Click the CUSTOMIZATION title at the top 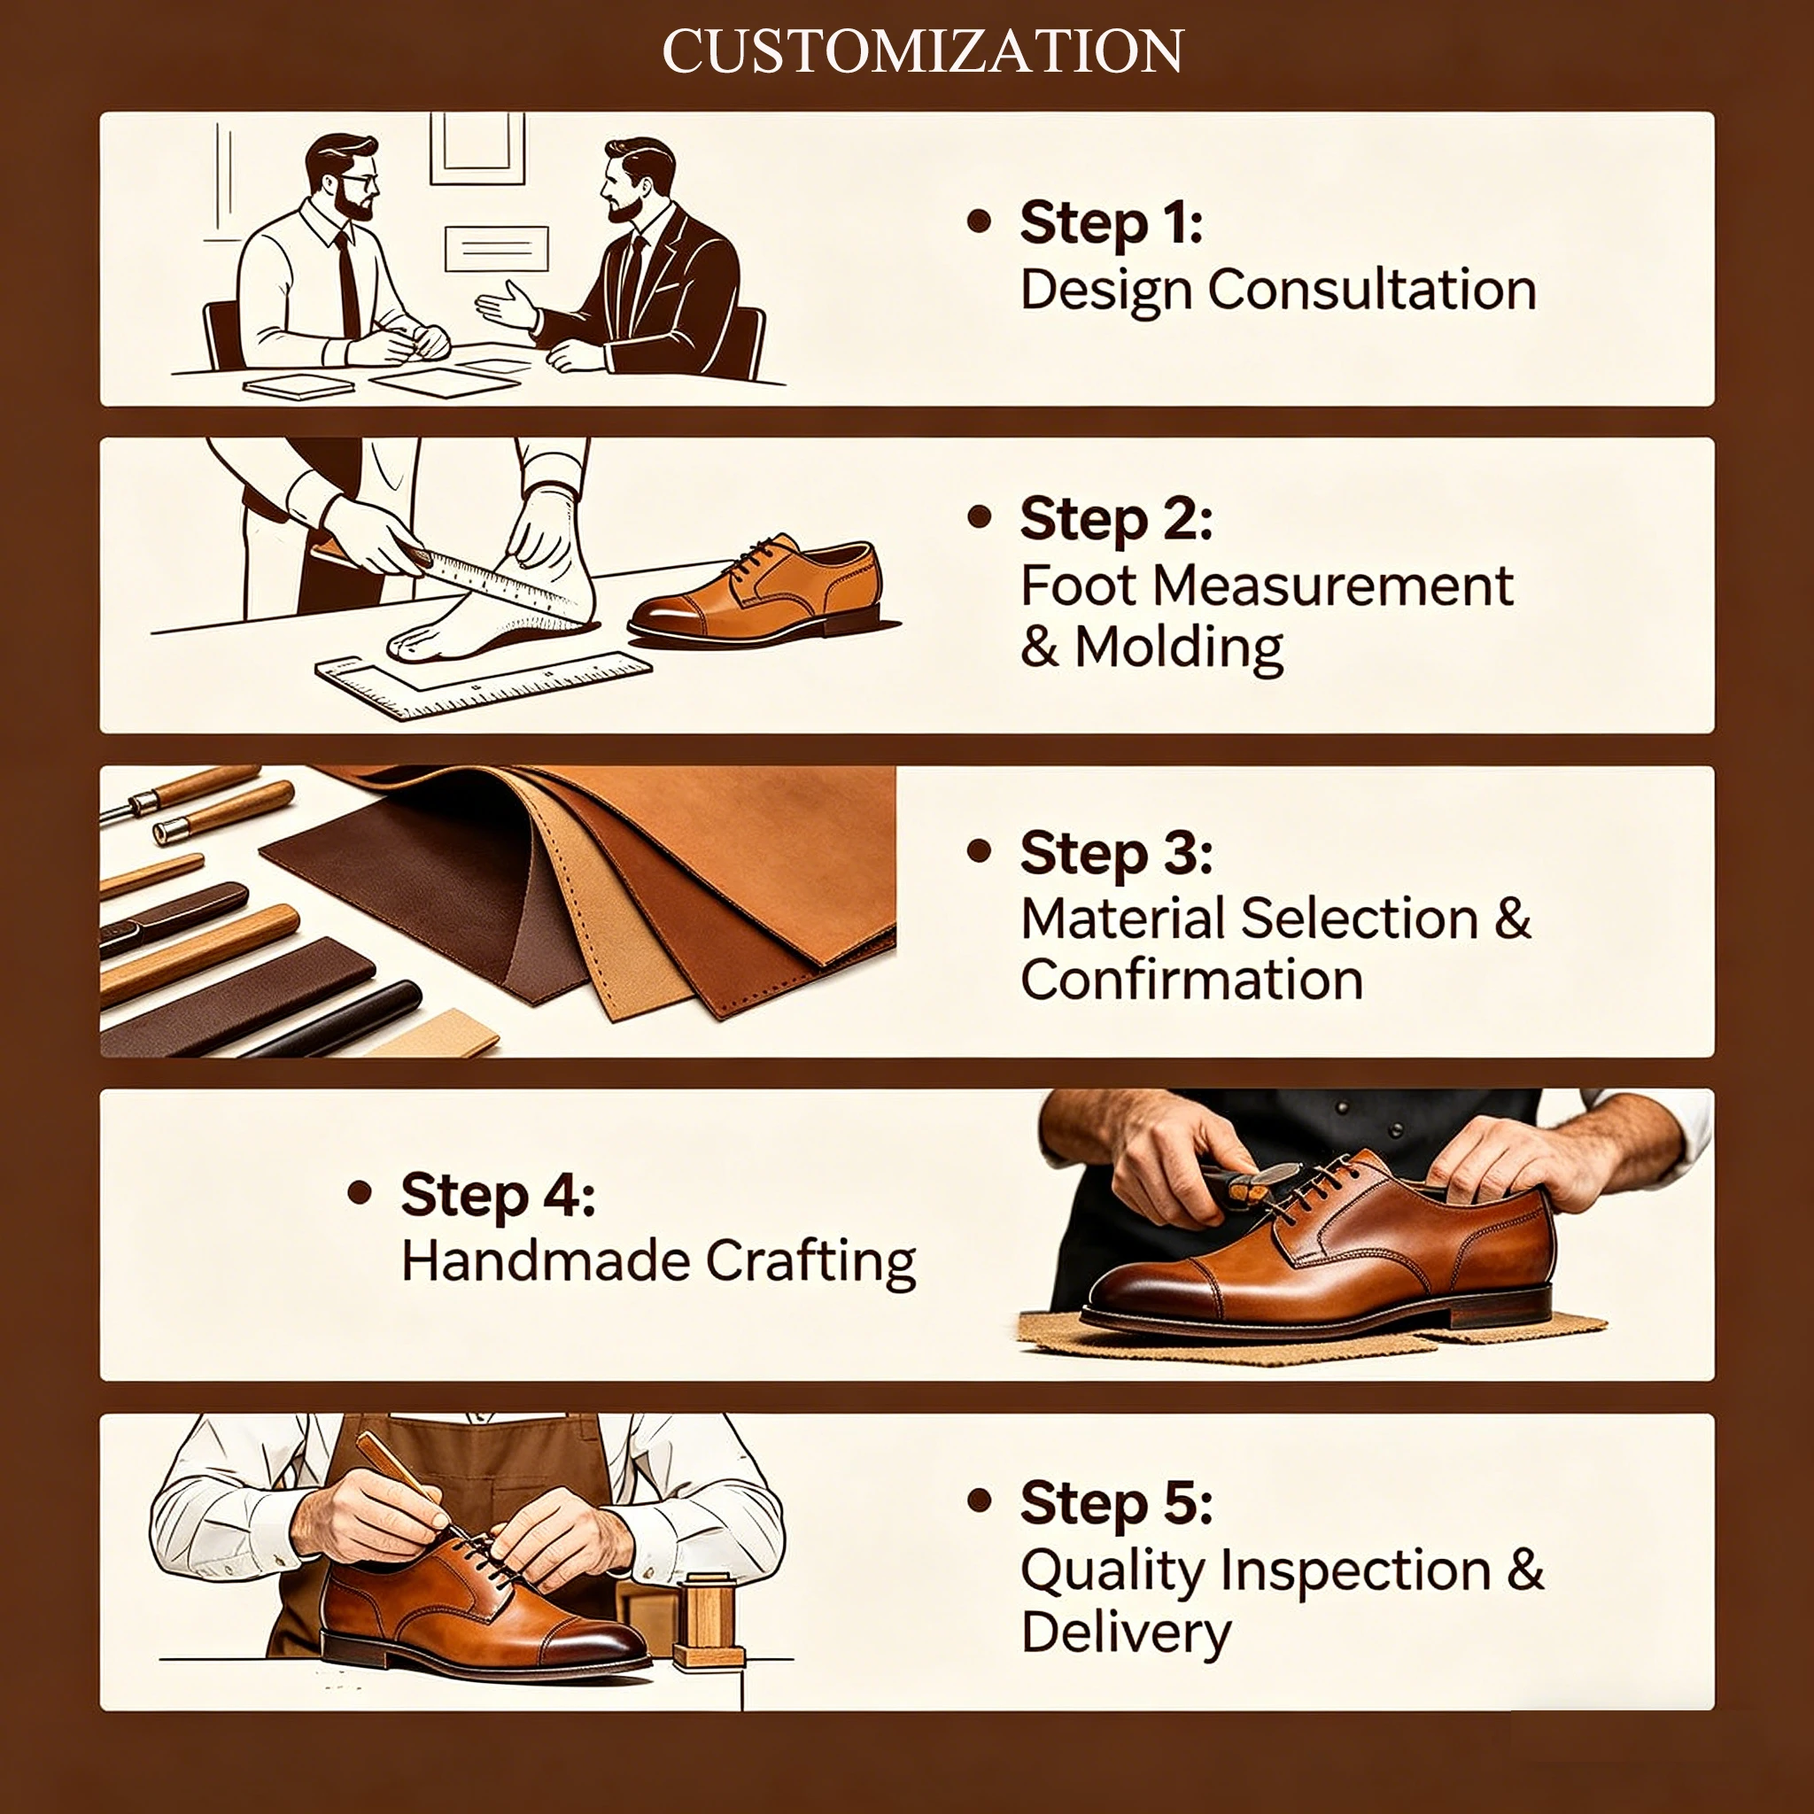coord(922,50)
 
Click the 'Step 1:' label coord(1112,223)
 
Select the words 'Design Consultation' coord(1278,289)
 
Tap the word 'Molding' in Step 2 coord(1179,647)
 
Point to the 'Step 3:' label coord(1116,854)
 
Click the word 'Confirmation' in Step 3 coord(1191,981)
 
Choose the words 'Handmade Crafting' coord(658,1261)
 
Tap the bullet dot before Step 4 coord(360,1192)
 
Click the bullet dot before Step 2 coord(980,516)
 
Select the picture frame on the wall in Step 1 coord(477,148)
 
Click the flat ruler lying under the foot coord(484,686)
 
